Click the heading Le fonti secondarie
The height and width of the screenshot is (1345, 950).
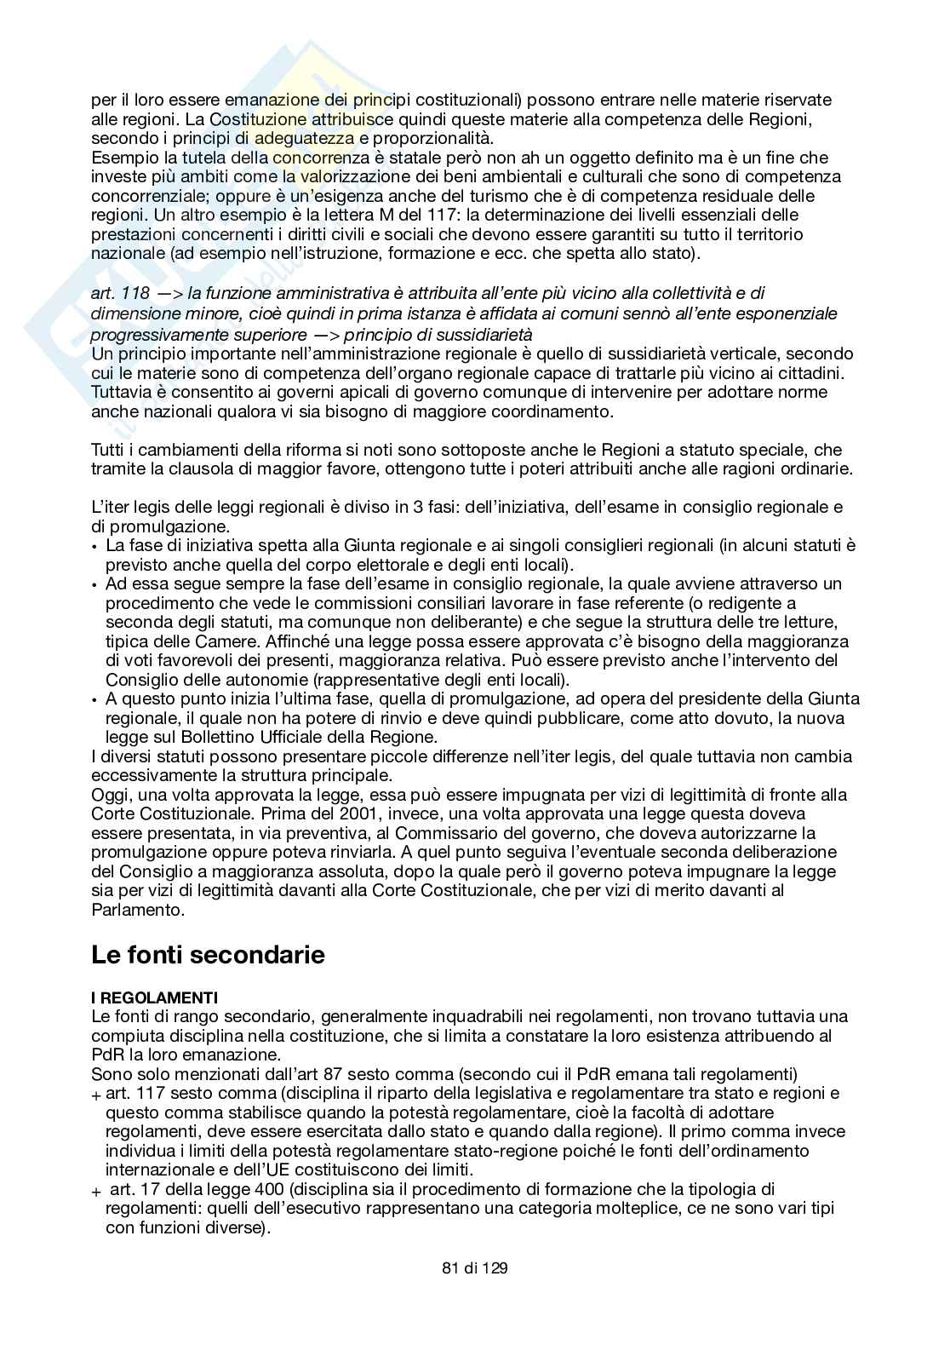coord(208,955)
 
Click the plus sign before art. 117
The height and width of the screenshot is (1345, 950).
coord(96,1095)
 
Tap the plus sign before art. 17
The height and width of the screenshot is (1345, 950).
coord(96,1191)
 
